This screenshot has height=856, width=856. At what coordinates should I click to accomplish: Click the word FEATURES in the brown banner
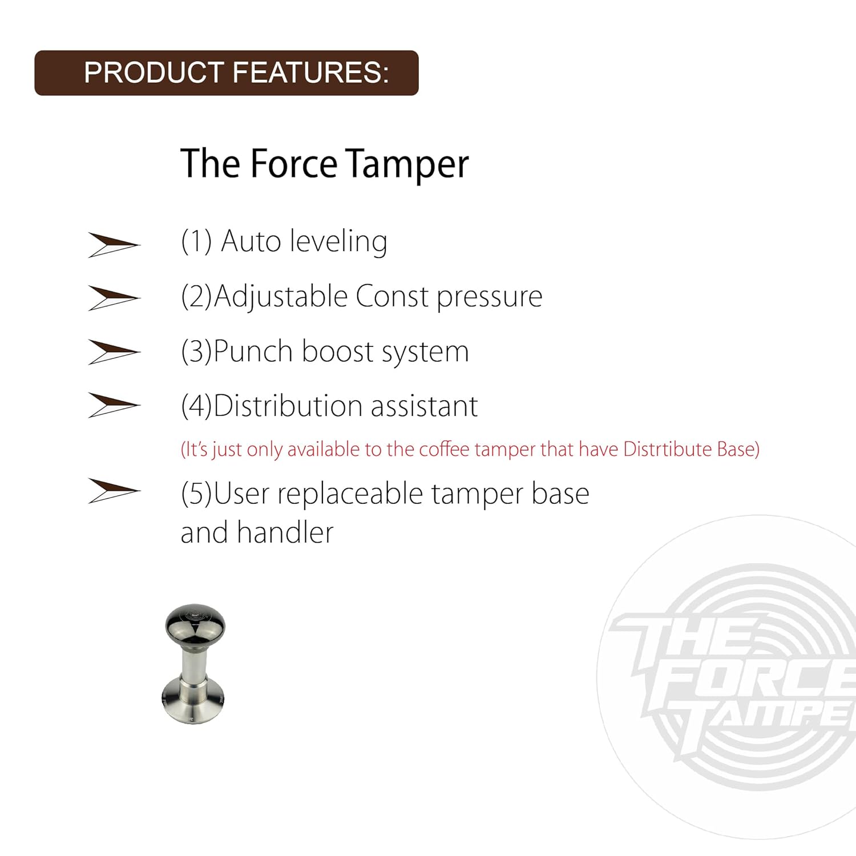[x=311, y=73]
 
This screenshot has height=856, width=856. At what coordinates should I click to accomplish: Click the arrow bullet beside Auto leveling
[x=113, y=245]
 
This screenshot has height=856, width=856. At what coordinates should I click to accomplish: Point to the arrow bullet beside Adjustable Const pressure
[x=113, y=298]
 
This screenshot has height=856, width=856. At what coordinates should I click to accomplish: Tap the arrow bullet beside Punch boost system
[x=113, y=352]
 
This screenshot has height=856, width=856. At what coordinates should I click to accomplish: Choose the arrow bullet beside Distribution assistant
[x=113, y=405]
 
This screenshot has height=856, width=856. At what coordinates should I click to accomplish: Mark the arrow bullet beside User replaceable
[x=113, y=491]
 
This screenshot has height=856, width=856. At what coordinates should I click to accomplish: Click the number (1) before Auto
[x=196, y=241]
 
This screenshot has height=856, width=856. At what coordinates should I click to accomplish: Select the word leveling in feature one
[x=338, y=242]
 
